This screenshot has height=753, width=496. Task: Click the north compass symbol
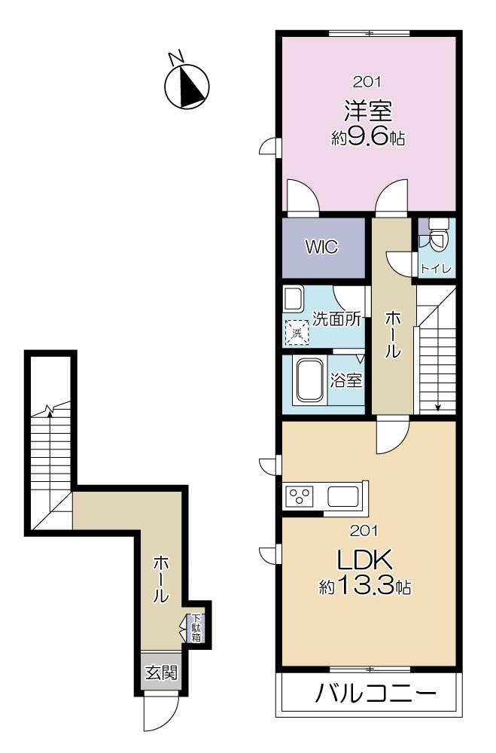coord(187,87)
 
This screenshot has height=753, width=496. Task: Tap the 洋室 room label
coord(368,111)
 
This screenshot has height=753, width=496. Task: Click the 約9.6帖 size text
coord(368,139)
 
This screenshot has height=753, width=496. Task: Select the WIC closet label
coord(321,247)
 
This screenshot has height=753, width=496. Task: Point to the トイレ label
coord(436,270)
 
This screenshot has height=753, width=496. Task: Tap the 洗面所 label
coord(336,319)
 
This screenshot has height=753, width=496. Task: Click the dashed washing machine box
coord(297,333)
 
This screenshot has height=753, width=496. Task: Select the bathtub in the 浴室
coord(309,381)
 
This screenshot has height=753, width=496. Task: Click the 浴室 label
coord(345,381)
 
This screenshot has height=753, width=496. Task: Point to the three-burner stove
coord(300,496)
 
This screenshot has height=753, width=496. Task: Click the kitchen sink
coord(343,496)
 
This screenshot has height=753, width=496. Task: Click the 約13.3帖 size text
coord(365,586)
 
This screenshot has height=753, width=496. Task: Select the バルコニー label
coord(376,694)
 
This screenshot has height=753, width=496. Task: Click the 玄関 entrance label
coord(161,672)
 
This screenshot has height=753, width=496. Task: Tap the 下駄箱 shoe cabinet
coord(196,628)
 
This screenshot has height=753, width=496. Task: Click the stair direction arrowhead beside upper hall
coord(438,408)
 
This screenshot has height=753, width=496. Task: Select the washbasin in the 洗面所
coord(293,299)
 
